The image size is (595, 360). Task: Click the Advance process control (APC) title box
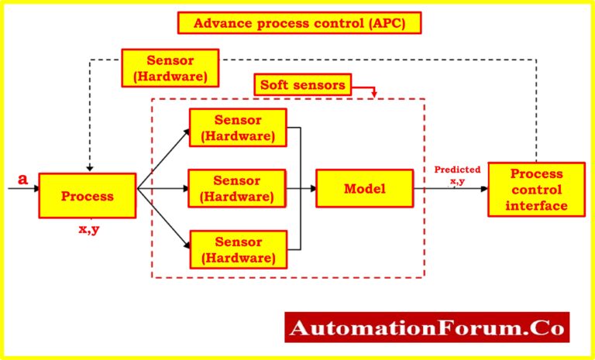(299, 23)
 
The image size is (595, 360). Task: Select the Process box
(88, 195)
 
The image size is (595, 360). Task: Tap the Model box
(363, 188)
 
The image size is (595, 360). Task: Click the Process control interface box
(535, 189)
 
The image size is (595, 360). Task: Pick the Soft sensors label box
(303, 85)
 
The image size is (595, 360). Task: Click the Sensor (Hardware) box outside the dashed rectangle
(170, 67)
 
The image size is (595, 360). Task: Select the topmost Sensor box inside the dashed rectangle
(237, 129)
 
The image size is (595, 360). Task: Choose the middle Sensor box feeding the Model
(237, 189)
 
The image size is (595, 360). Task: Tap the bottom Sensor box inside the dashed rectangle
(237, 249)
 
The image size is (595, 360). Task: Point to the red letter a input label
(23, 180)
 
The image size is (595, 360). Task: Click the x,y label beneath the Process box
(89, 228)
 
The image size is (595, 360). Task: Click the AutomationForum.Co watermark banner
(427, 327)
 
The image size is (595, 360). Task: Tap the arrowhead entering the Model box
(312, 189)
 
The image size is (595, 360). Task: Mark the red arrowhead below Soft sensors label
(376, 94)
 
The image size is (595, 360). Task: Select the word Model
(363, 188)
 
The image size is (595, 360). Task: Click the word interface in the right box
(536, 205)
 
